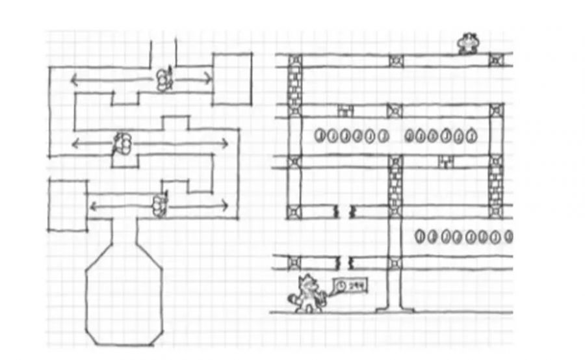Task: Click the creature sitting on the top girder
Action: pos(468,44)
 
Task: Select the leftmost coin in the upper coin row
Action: pos(320,136)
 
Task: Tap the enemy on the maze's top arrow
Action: pos(163,79)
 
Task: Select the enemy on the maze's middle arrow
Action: pos(122,143)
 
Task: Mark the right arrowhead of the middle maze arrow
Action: pos(226,143)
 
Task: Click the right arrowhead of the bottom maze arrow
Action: pos(226,207)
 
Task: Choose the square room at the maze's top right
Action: pos(233,79)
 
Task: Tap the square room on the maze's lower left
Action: pos(68,205)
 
